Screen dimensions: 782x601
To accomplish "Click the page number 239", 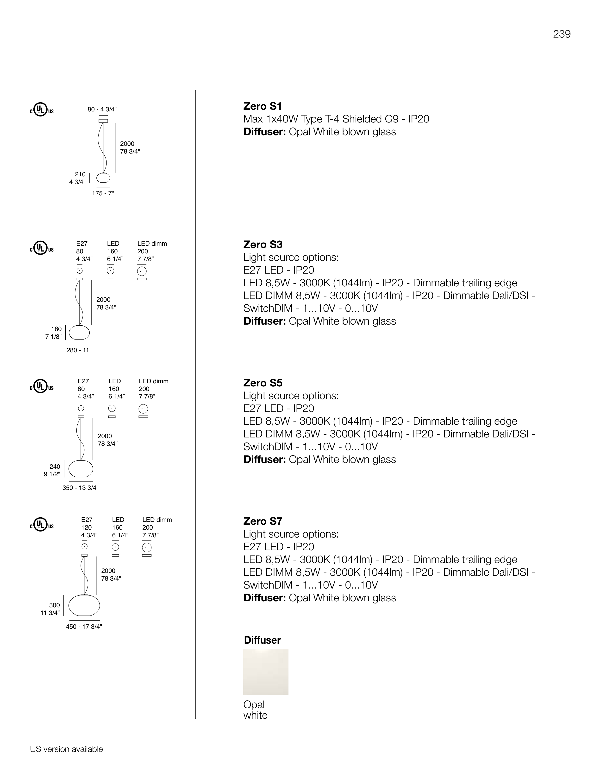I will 562,34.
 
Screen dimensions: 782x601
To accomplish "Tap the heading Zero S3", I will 263,244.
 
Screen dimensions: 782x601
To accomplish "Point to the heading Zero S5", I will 263,383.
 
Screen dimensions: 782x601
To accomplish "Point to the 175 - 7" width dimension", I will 103,193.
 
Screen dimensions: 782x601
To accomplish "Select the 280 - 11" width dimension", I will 79,350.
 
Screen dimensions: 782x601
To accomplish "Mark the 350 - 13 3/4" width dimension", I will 81,488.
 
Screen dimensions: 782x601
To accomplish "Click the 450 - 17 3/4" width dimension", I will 84,627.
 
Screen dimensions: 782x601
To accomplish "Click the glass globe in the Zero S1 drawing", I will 103,178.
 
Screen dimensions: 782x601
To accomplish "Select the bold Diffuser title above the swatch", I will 262,640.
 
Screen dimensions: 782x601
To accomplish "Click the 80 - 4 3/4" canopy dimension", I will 102,109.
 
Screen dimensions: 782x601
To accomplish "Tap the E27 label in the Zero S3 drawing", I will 82,244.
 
